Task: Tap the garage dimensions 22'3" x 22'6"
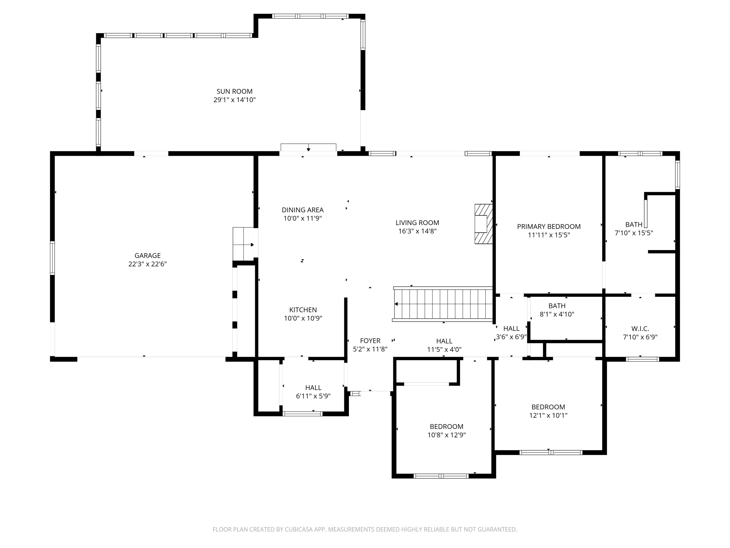[147, 264]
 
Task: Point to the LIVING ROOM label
[418, 223]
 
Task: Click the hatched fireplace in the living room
[484, 224]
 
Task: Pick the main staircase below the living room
[443, 304]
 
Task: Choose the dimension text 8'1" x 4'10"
[557, 314]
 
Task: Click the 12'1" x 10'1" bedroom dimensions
[548, 416]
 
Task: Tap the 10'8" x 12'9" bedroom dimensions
[447, 435]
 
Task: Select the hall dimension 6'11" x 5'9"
[313, 396]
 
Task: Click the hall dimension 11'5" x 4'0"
[444, 350]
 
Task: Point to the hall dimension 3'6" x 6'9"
[511, 337]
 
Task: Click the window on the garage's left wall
[52, 258]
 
